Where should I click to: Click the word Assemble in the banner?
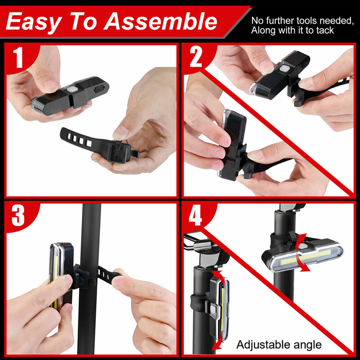[160, 22]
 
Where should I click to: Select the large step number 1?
[18, 58]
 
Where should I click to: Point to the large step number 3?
[18, 216]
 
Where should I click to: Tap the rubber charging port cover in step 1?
[99, 89]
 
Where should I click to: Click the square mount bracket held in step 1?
[119, 152]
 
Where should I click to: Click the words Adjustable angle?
[279, 345]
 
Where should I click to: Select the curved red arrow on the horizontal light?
[302, 252]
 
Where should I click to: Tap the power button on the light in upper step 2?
[284, 68]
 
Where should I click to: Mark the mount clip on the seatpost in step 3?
[82, 276]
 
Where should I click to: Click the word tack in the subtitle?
[325, 30]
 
